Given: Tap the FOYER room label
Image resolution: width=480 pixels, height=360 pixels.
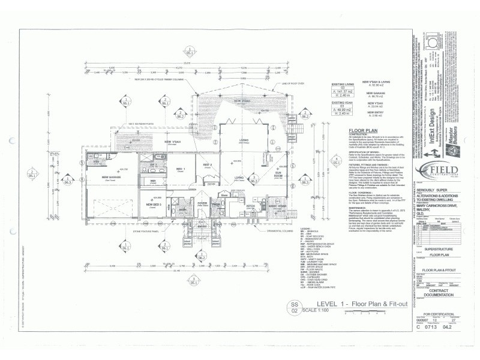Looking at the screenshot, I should point(202,203).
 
